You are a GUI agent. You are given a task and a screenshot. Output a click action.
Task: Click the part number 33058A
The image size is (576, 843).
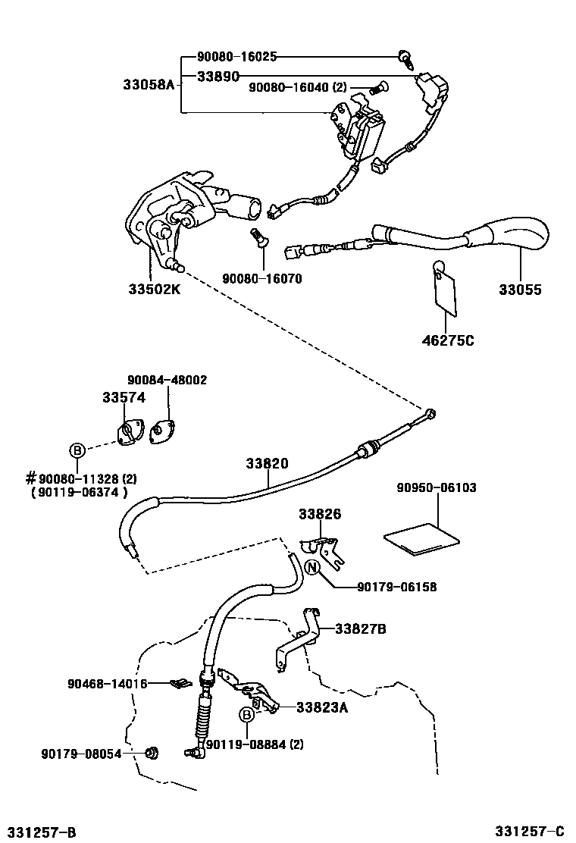[148, 84]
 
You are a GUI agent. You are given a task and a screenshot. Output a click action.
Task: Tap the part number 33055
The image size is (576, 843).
[520, 289]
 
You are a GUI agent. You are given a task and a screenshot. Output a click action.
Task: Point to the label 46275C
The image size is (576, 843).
[448, 340]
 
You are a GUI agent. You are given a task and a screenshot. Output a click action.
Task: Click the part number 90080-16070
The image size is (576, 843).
[261, 278]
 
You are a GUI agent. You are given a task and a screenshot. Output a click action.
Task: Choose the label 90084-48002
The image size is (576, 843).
[167, 380]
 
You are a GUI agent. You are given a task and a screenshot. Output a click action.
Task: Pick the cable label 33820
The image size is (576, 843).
[267, 462]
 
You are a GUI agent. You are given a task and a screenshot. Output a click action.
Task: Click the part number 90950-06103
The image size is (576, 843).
[437, 487]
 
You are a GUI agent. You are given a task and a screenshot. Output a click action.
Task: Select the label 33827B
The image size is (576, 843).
[361, 628]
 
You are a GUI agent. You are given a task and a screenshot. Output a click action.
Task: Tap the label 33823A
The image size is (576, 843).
[321, 707]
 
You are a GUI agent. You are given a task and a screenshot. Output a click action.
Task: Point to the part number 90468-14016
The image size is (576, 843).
[108, 683]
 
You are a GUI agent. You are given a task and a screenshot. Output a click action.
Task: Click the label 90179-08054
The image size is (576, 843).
[81, 754]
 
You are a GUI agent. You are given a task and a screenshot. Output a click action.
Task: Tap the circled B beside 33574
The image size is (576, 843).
[77, 450]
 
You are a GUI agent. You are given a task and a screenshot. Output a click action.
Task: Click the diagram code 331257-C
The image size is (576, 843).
[531, 832]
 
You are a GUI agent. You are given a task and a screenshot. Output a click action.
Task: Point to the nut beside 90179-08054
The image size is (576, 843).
[152, 753]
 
